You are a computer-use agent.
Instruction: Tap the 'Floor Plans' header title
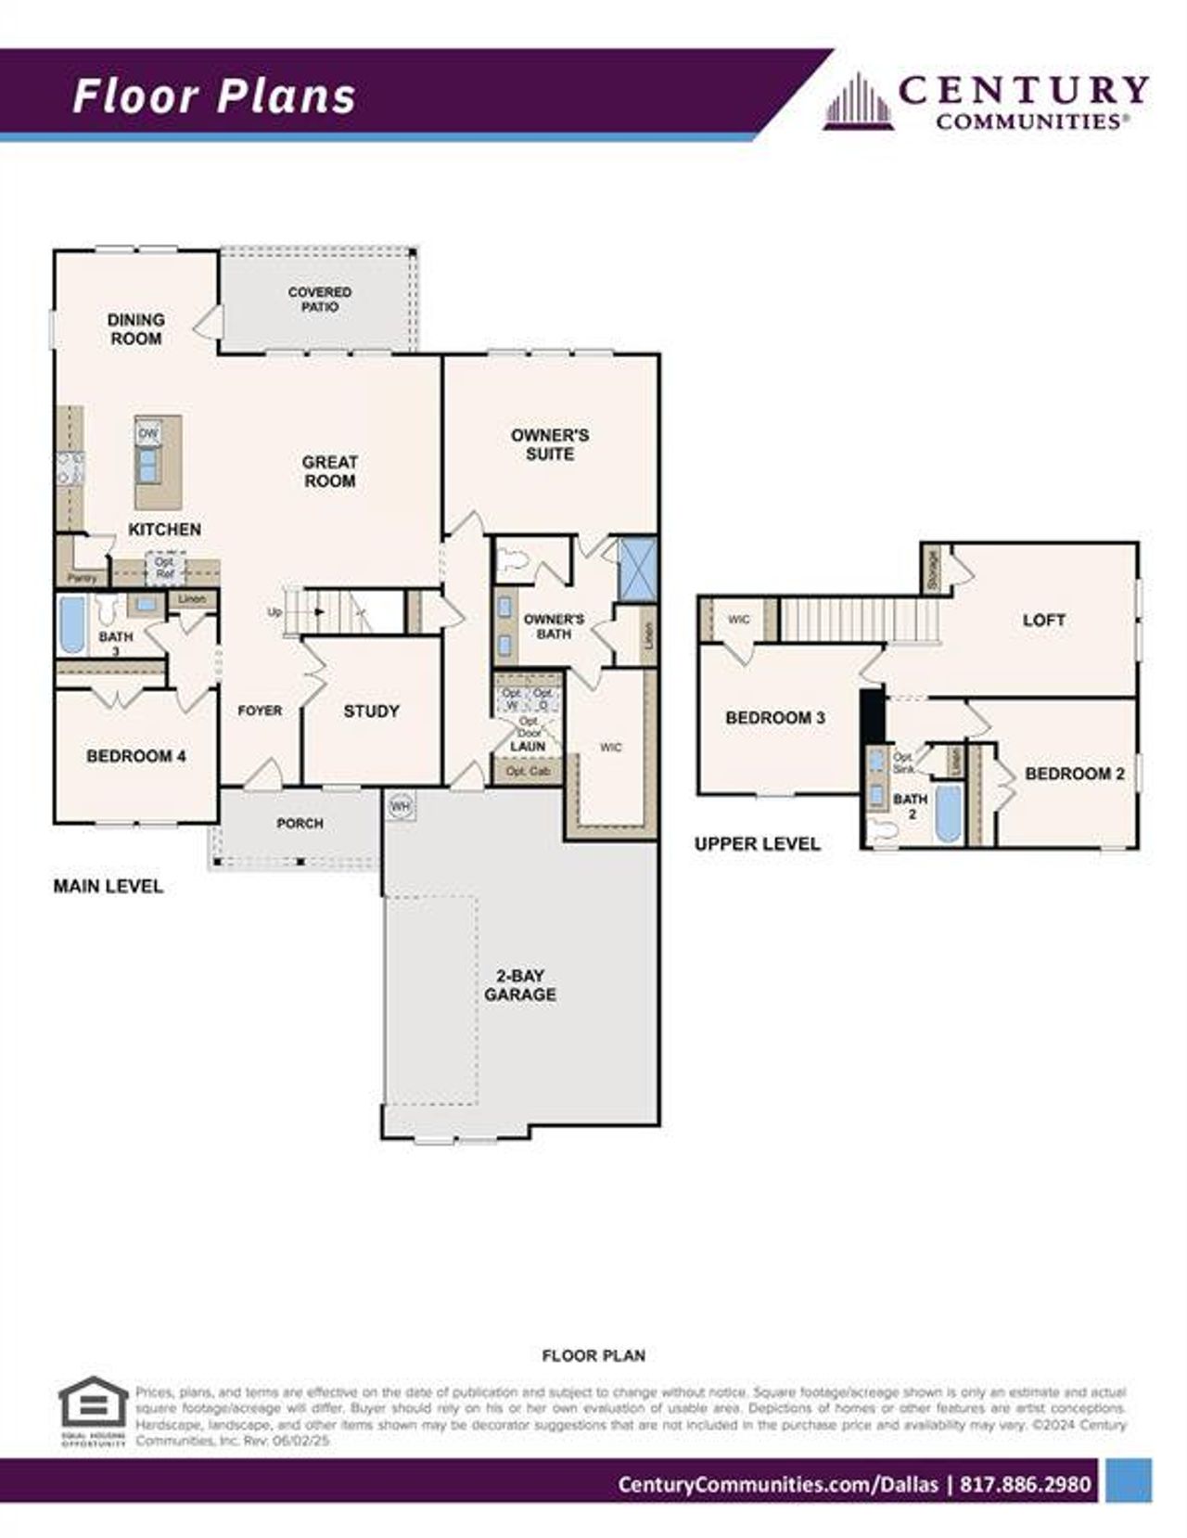coord(214,96)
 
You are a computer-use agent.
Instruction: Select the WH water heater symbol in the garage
coord(400,806)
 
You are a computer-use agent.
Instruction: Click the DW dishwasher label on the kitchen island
coord(147,433)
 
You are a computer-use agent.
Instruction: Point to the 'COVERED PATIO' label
coord(320,299)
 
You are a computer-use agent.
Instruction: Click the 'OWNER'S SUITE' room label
coord(550,444)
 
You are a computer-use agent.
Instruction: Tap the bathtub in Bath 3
coord(71,625)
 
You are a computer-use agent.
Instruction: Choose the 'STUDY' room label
coord(371,711)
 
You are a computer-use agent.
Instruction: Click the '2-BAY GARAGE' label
coord(520,985)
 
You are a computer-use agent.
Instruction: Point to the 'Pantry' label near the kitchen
coord(82,578)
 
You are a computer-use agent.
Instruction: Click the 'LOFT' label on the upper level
coord(1043,620)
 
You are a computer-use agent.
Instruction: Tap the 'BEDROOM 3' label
coord(775,718)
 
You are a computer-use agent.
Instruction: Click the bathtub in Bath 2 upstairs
coord(947,814)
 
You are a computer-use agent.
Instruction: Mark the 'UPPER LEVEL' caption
coord(757,843)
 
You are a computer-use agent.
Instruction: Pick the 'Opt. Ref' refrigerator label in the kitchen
coord(164,568)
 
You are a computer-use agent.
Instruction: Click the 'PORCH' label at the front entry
coord(300,823)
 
